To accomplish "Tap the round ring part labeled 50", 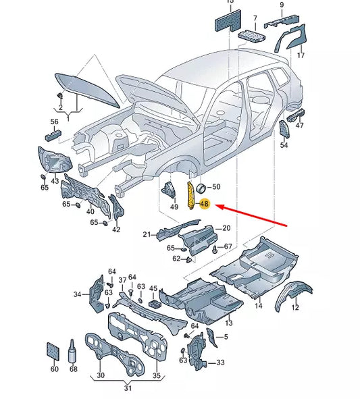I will (x=201, y=187).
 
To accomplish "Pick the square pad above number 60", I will (x=54, y=350).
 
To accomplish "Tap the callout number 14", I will (x=258, y=307).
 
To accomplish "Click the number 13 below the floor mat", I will (x=229, y=323).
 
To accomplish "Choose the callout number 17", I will (x=301, y=55).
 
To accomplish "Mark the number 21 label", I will (x=146, y=234).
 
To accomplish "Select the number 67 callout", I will (x=228, y=246).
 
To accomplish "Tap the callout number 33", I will (x=220, y=363).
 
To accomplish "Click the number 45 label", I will (x=153, y=289).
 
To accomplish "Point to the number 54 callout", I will (x=284, y=145).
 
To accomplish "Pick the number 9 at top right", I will (x=281, y=5).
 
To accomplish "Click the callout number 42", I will (x=116, y=230).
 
